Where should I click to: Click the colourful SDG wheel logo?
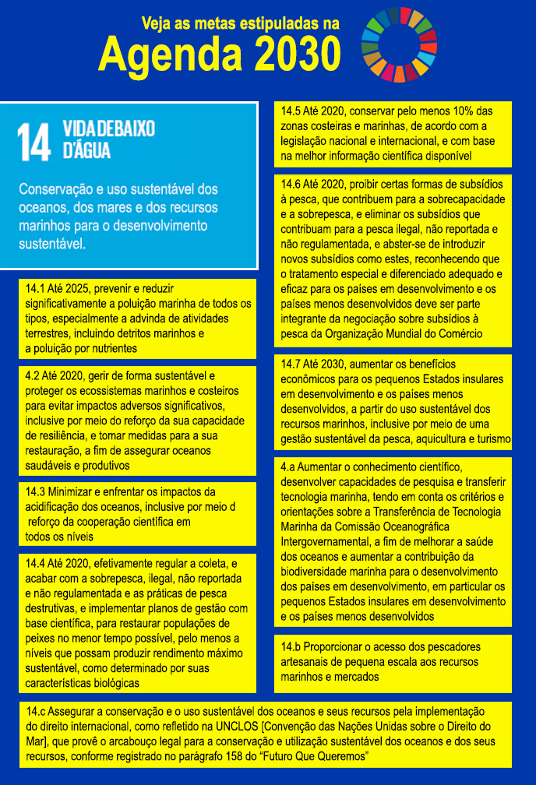[400, 44]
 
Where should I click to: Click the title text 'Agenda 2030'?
[220, 55]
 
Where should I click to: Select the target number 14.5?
[293, 111]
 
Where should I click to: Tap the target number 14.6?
[293, 185]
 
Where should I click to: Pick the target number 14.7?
[293, 364]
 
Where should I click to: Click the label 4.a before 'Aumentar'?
[288, 468]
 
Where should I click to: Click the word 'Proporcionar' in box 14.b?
[337, 647]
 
